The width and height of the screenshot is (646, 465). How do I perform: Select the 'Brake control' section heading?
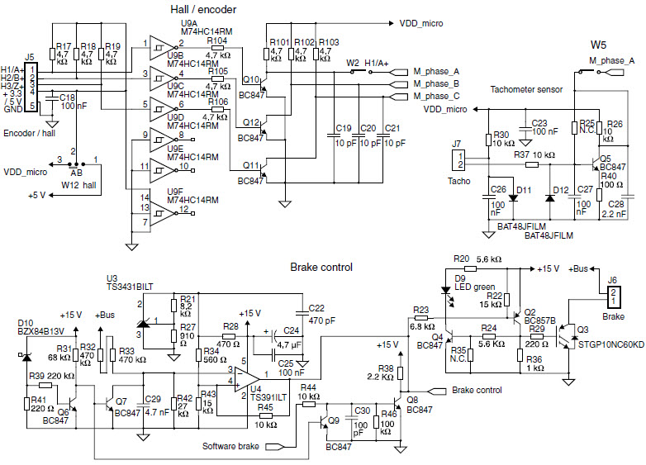tap(322, 267)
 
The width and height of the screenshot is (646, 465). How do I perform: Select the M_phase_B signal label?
tap(436, 83)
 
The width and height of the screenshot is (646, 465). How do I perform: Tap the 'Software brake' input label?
tap(230, 447)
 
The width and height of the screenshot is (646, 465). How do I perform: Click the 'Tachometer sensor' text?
tap(525, 88)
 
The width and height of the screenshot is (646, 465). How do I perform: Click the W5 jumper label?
tap(599, 43)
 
